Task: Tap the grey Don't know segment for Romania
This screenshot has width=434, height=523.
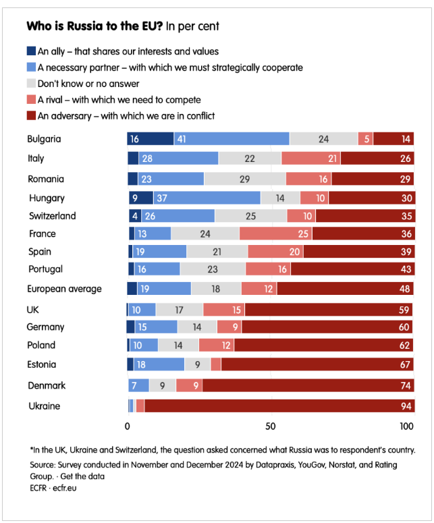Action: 244,179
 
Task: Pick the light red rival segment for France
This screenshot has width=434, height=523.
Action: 275,233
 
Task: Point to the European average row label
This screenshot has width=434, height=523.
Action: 64,289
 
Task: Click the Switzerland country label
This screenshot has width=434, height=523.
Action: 51,216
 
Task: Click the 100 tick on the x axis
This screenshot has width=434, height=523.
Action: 406,426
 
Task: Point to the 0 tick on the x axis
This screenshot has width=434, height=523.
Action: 128,426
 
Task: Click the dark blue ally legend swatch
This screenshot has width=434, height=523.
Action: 31,51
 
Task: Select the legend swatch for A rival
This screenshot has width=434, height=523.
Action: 31,100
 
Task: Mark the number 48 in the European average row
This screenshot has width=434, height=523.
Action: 402,289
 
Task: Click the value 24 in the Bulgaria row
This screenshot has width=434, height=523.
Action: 323,139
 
